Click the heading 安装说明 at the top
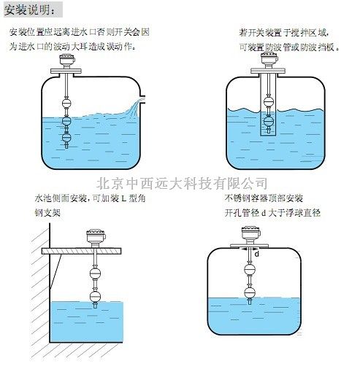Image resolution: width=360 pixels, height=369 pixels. [x=33, y=9]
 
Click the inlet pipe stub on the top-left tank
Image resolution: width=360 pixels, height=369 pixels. [x=144, y=97]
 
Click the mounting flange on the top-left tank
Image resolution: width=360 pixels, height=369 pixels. [x=66, y=71]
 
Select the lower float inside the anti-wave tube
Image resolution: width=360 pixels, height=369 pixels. [x=269, y=120]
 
